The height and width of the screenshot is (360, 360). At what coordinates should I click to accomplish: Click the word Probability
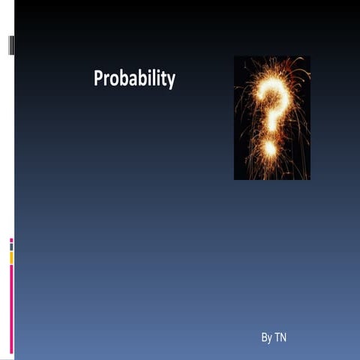[x=134, y=79]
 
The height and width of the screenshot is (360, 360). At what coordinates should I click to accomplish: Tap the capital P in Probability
[x=98, y=78]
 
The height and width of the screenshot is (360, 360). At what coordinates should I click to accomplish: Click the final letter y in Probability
[x=171, y=82]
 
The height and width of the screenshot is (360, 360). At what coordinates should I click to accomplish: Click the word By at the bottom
[x=267, y=337]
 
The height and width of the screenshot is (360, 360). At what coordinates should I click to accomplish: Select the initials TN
[x=280, y=337]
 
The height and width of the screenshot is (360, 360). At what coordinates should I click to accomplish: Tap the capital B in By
[x=264, y=337]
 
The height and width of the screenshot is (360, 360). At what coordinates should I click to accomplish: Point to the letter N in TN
[x=283, y=337]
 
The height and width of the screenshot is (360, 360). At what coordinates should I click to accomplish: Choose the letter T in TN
[x=277, y=337]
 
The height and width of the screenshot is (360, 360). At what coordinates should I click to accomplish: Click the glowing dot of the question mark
[x=270, y=148]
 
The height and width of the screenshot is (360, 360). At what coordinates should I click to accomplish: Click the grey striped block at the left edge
[x=11, y=45]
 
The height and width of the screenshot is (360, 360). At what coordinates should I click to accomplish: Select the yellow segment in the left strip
[x=11, y=258]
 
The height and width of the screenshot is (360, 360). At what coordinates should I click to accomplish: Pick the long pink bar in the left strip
[x=11, y=309]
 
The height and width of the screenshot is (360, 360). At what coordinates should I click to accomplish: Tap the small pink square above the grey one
[x=11, y=241]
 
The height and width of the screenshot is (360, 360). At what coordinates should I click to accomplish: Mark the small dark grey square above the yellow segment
[x=11, y=247]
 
